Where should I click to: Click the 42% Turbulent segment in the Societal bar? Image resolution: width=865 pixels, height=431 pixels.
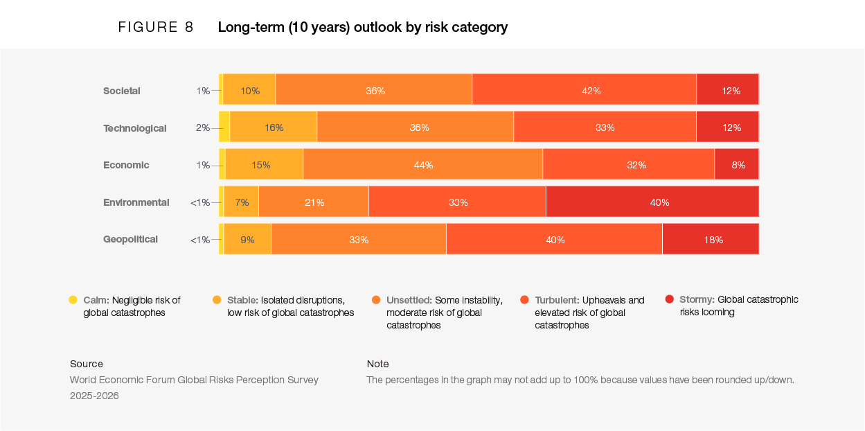click(x=584, y=90)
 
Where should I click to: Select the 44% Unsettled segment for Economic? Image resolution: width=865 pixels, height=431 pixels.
click(x=422, y=165)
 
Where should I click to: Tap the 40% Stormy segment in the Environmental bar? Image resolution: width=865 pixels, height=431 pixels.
click(x=652, y=202)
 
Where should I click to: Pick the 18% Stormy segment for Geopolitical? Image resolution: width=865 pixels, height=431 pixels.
click(x=710, y=240)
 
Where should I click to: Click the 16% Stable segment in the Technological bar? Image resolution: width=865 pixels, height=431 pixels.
click(x=273, y=127)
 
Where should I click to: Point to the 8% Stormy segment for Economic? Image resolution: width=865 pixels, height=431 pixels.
click(x=736, y=165)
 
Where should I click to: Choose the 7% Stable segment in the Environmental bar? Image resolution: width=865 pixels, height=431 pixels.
click(x=241, y=202)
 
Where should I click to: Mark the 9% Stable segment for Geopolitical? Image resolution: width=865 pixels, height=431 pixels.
click(x=247, y=240)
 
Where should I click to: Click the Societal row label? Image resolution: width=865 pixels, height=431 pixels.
click(x=122, y=91)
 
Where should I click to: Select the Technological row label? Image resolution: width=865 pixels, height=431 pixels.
click(x=135, y=128)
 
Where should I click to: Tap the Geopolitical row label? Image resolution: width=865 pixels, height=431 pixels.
click(x=131, y=239)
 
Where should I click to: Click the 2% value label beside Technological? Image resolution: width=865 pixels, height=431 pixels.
click(x=202, y=127)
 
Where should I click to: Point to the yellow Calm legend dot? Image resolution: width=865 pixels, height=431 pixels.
click(x=73, y=299)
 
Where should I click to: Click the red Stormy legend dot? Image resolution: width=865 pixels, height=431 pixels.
click(x=669, y=299)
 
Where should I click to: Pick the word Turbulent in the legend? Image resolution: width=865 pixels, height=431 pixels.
click(x=557, y=300)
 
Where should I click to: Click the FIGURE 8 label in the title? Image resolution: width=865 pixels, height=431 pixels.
click(x=156, y=28)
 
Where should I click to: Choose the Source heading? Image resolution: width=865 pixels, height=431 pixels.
click(x=87, y=364)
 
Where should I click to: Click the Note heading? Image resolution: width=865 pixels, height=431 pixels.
click(x=378, y=364)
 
